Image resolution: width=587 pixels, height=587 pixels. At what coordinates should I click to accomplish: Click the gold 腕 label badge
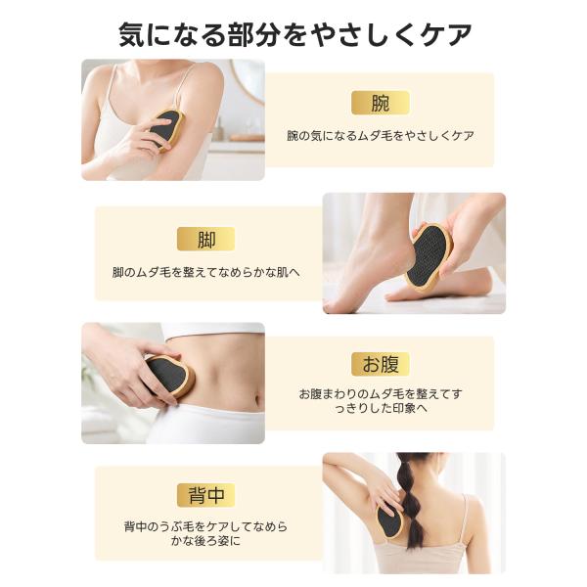coord(380,103)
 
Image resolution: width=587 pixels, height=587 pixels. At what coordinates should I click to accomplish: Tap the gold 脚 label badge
coord(205,239)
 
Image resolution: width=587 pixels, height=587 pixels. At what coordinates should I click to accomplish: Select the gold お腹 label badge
coord(380,364)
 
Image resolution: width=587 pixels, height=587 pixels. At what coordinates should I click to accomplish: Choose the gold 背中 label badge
coord(205,495)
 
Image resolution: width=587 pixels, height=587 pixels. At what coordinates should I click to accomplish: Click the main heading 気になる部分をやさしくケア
coord(295,35)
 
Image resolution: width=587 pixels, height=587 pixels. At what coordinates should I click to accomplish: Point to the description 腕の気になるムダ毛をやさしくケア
coord(381,136)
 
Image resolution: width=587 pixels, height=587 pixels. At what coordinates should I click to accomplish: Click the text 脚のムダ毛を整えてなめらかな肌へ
coord(206,272)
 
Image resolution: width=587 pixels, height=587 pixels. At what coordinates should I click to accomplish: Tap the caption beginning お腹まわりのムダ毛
coord(381,401)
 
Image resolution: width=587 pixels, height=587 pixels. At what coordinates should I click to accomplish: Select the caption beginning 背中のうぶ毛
coord(205,534)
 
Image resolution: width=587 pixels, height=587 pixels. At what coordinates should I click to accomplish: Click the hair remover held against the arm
coord(166,129)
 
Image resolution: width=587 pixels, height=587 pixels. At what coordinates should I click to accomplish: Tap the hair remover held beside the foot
coord(429,253)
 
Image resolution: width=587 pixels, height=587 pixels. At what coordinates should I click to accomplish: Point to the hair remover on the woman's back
coord(390,519)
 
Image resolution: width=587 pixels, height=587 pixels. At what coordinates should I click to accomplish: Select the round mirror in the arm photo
coord(249,79)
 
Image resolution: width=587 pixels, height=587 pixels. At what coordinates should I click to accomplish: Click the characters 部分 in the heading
coord(254,35)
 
